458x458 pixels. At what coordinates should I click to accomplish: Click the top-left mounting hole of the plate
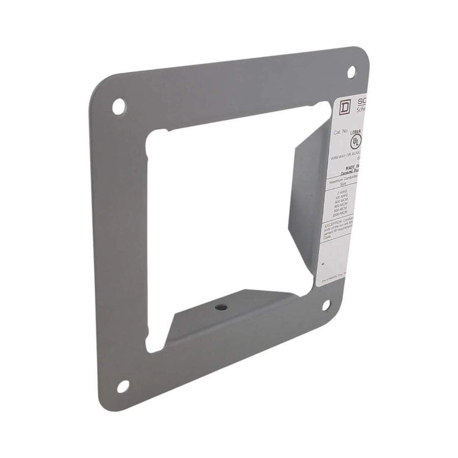118,106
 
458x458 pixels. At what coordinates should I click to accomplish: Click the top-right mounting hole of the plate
351,72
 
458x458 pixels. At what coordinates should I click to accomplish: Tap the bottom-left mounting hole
123,386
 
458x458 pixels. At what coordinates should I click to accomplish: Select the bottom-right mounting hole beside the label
326,304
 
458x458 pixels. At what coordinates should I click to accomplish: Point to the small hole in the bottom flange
219,307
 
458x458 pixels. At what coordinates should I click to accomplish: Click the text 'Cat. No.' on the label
340,131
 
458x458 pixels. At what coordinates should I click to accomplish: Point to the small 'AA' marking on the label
325,265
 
